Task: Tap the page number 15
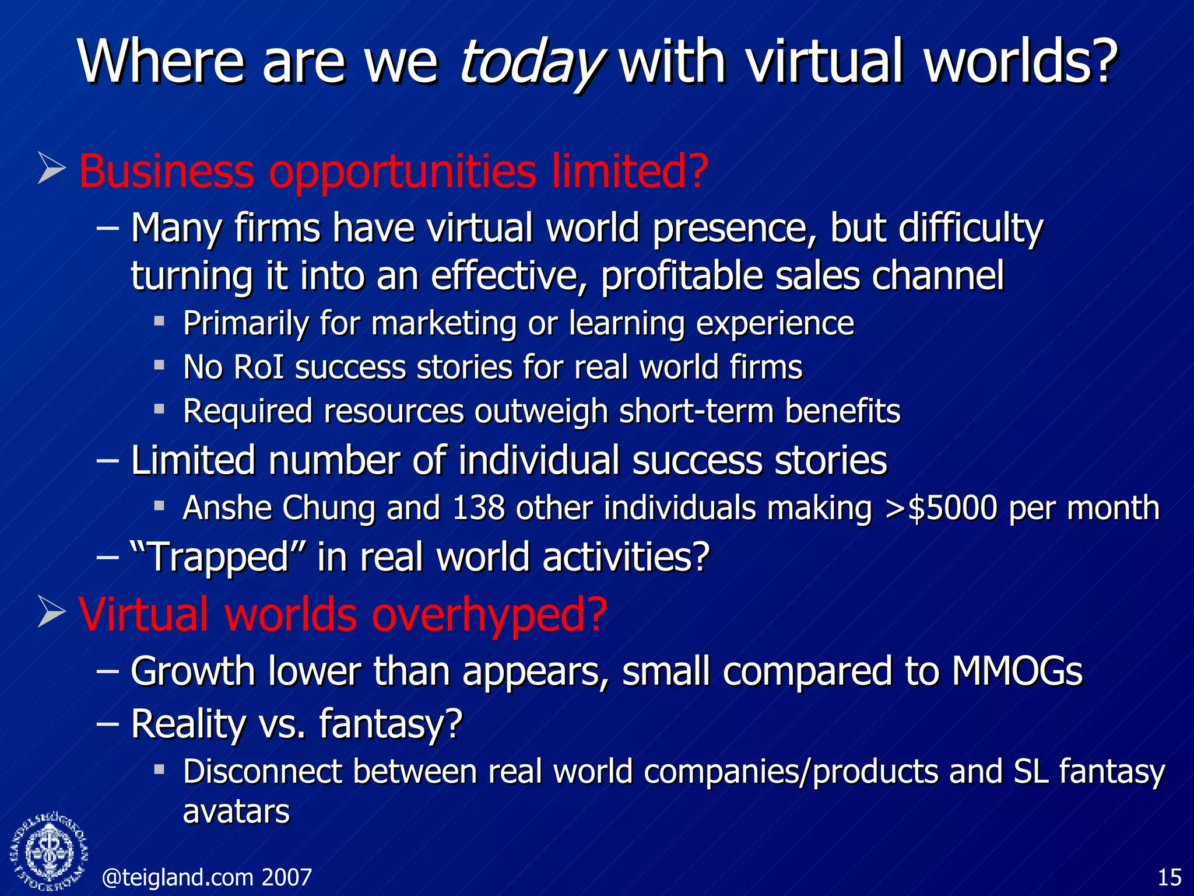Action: coord(1169,877)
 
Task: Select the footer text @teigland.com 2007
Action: coord(207,877)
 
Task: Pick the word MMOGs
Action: coord(1017,671)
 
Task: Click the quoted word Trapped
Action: coord(219,556)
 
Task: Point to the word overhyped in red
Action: coord(490,616)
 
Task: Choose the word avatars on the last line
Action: coord(236,812)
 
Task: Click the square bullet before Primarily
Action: coord(159,320)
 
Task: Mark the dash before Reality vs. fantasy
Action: coord(107,723)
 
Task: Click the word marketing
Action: coord(444,323)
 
